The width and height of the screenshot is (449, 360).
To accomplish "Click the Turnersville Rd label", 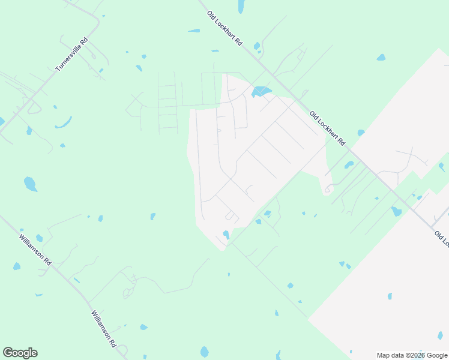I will [71, 55].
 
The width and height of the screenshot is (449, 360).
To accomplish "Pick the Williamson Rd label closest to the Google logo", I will [103, 329].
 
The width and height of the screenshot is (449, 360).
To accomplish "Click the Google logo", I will [20, 353].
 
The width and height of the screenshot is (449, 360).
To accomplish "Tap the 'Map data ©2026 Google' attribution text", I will [412, 355].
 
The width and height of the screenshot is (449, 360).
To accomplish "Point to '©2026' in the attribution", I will [411, 355].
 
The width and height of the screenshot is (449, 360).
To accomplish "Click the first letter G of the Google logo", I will [8, 353].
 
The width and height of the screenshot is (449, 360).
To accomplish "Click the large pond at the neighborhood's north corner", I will [261, 92].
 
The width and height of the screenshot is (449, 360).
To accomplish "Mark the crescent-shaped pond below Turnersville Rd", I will [63, 125].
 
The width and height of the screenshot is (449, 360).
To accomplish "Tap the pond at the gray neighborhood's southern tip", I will [226, 235].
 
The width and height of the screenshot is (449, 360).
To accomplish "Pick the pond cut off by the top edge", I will [241, 6].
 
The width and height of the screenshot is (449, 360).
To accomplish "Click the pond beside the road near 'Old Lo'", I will [396, 211].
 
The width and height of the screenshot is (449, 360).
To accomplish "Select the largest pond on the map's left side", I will [30, 184].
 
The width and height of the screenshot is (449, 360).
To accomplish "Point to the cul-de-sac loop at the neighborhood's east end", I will [328, 189].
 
